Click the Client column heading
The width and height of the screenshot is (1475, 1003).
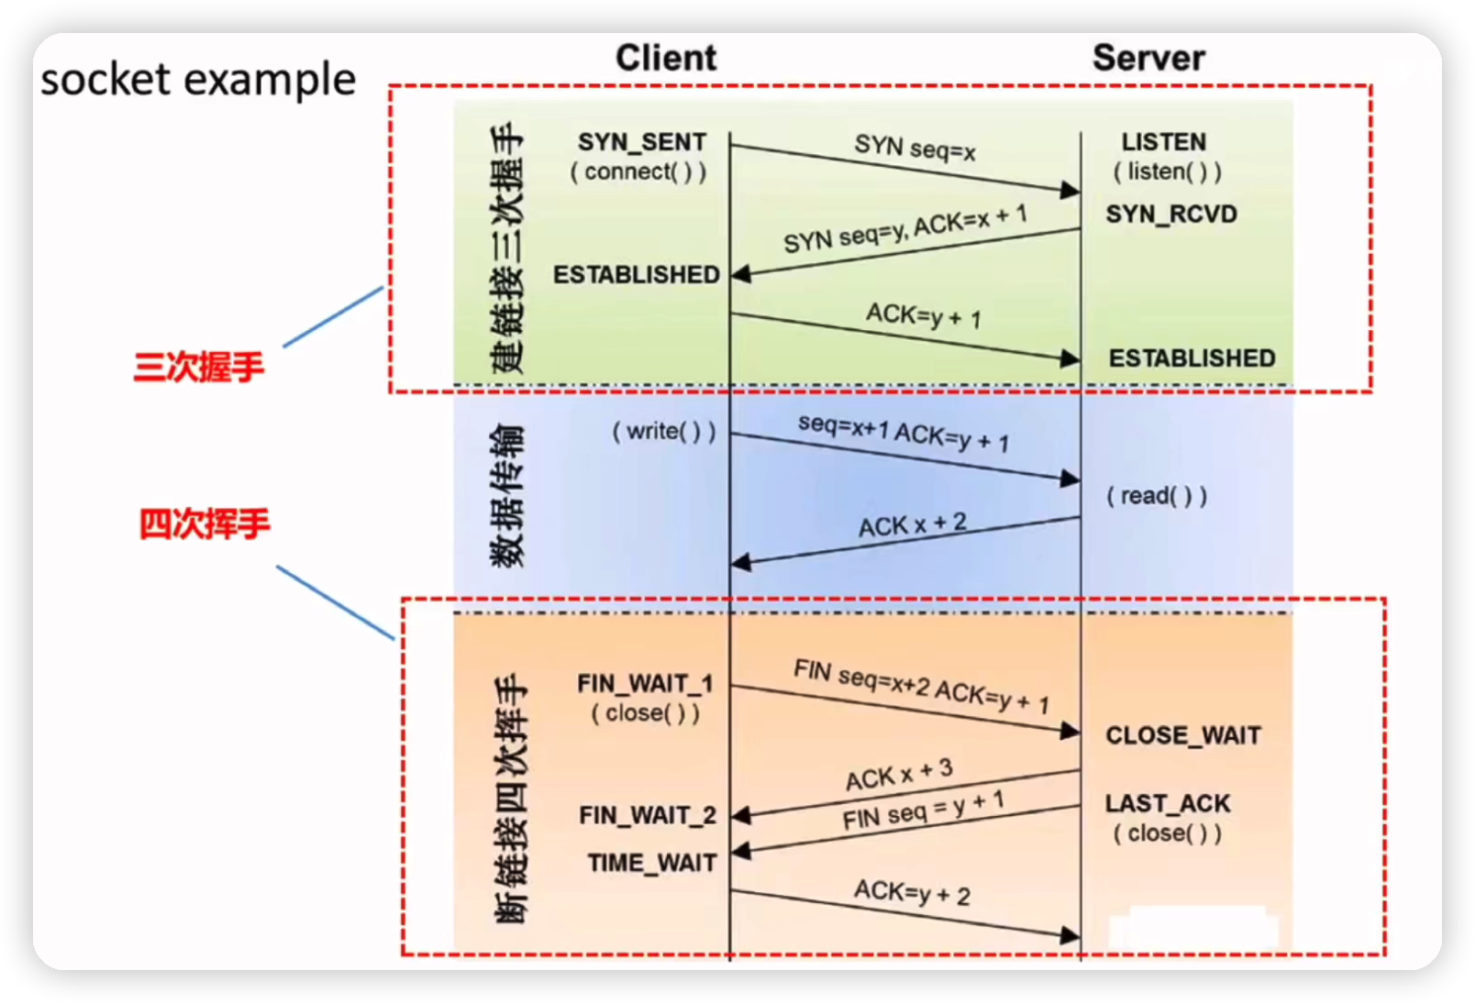pos(666,58)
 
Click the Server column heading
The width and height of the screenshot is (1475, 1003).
pos(1148,58)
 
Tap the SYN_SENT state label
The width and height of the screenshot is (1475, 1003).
pos(642,142)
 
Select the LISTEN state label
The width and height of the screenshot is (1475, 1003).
pos(1164,142)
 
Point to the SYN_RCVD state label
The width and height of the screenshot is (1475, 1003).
pos(1171,215)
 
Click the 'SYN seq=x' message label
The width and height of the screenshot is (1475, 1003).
pos(915,147)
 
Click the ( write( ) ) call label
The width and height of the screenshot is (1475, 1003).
pos(664,431)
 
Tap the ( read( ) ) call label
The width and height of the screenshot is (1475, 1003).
pos(1157,496)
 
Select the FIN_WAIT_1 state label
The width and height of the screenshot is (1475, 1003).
pos(645,684)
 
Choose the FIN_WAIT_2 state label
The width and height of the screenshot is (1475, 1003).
pos(648,815)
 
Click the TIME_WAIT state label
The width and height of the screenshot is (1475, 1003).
pos(652,863)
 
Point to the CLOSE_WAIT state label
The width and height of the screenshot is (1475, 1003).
pos(1183,735)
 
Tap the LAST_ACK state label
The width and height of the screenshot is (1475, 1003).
pos(1168,804)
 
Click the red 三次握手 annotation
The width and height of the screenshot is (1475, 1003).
pos(199,367)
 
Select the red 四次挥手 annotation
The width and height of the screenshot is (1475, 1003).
pos(205,524)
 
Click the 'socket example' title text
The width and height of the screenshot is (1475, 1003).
pos(198,80)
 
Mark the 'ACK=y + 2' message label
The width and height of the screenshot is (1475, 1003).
pos(912,892)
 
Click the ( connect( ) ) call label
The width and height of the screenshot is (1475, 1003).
pos(638,172)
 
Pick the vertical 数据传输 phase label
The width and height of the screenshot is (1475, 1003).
pos(507,495)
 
